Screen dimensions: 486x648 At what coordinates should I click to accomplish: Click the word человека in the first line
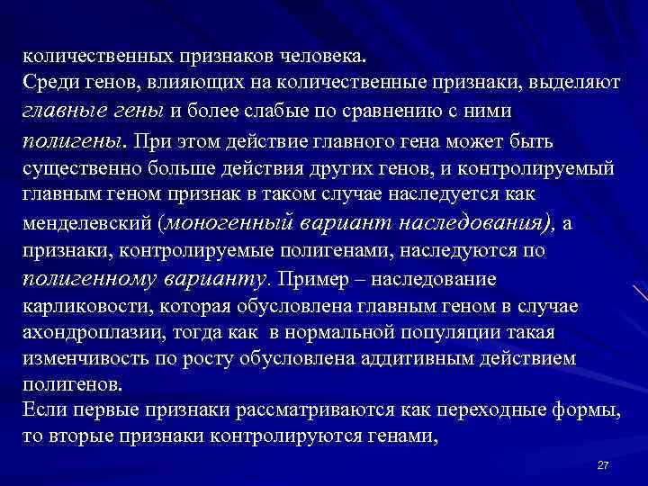[x=322, y=56]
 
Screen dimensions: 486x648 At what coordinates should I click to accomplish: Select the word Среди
[x=49, y=84]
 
